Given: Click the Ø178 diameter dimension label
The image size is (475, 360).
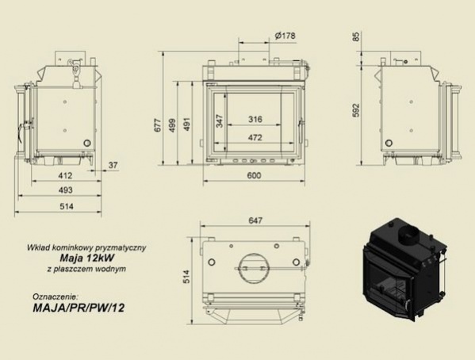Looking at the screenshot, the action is [x=285, y=36].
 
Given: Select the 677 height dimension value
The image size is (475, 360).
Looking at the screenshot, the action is [x=158, y=124].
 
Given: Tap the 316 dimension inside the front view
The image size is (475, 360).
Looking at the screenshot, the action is [x=255, y=120].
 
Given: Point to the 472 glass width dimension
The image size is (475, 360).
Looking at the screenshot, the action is [x=255, y=137].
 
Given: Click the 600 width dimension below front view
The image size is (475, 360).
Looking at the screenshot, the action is [x=254, y=175].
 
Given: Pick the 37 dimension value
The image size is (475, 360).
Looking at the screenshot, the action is [x=113, y=165].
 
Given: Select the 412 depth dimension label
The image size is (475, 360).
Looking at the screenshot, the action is [x=66, y=175].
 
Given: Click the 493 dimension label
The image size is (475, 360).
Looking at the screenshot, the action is [x=66, y=190].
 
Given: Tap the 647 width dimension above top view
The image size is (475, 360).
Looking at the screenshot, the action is [x=255, y=220].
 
